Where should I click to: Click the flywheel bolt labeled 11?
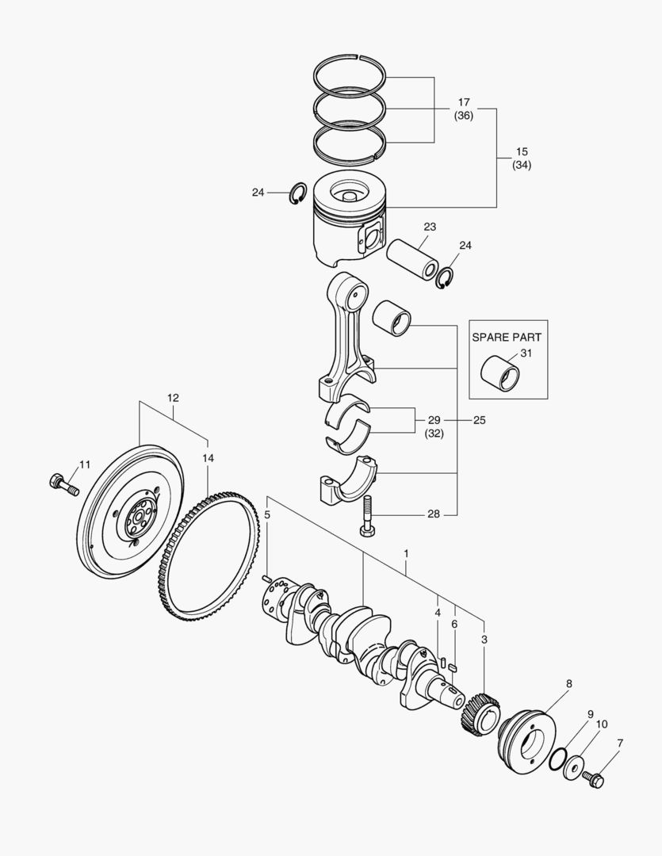point(64,483)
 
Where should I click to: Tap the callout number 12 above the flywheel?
point(173,397)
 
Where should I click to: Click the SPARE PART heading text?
point(507,336)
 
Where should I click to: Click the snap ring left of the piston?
point(299,193)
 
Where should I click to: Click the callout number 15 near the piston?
point(521,151)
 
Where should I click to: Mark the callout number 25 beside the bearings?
point(479,419)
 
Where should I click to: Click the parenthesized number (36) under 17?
point(464,116)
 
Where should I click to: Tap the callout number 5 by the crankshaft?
point(267,514)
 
